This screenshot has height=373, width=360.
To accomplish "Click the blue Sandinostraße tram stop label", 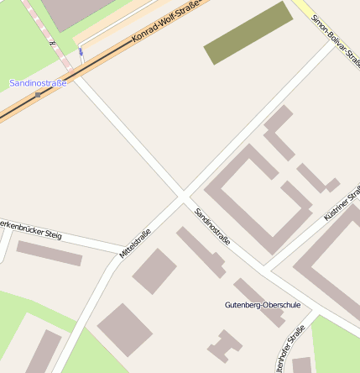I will tap(38, 82).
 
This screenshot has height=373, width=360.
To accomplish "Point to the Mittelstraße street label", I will tap(134, 243).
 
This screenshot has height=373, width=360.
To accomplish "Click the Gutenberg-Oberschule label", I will tap(262, 304).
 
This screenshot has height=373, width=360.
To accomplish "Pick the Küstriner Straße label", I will tap(341, 202).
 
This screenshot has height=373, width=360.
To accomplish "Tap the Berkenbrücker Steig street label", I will tap(30, 229).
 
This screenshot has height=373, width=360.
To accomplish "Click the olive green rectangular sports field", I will tap(248, 33).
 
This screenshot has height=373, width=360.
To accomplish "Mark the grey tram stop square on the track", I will tap(38, 95).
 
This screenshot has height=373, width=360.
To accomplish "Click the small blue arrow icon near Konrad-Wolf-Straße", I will tap(81, 52).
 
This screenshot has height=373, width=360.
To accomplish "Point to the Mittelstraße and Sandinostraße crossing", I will tap(183, 198).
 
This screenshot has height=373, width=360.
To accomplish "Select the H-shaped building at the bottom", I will tap(222, 346).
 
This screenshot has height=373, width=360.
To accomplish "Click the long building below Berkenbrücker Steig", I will tap(50, 254).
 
